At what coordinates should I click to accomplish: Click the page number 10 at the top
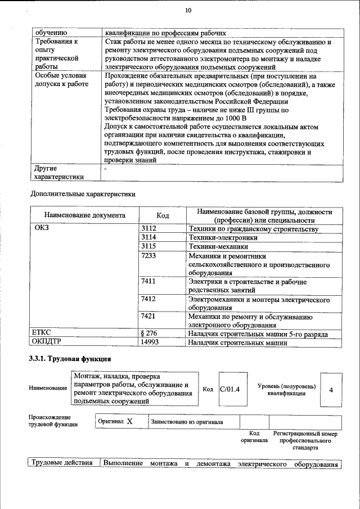click(x=188, y=11)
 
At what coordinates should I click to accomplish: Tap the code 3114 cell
click(x=148, y=237)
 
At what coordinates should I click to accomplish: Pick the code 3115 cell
click(x=148, y=246)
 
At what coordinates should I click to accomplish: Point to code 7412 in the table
click(x=148, y=299)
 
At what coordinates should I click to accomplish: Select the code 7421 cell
click(x=148, y=316)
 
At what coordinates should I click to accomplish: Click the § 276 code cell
click(x=149, y=334)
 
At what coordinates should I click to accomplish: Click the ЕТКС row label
click(x=43, y=334)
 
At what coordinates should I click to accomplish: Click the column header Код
click(x=163, y=215)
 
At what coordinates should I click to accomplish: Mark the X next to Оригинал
click(x=129, y=421)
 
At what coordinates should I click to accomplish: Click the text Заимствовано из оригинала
click(x=187, y=422)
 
